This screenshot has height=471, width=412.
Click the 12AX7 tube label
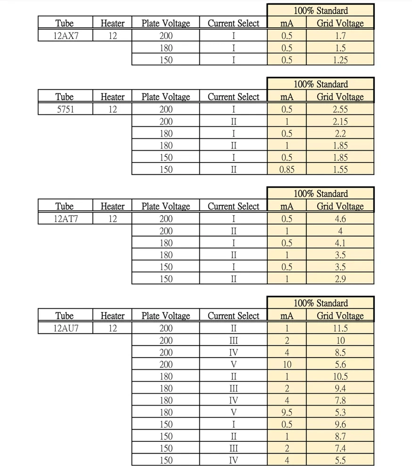point(65,36)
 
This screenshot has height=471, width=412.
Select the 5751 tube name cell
point(65,109)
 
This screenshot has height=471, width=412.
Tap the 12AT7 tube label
point(65,219)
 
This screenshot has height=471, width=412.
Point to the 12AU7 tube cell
point(65,328)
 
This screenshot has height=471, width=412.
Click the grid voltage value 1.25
point(340,60)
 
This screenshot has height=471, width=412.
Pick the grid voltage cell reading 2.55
point(340,109)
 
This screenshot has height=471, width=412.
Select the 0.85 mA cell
point(287,170)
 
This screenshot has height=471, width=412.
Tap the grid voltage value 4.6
point(340,219)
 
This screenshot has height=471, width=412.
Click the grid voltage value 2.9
point(340,279)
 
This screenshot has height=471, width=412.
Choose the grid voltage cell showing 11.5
point(340,328)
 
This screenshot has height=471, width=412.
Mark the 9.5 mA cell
point(287,413)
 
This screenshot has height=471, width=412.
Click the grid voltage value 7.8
point(340,400)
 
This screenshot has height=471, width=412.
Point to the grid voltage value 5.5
point(340,461)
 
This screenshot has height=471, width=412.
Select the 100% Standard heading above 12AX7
point(321,10)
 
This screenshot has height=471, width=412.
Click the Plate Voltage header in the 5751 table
point(165,97)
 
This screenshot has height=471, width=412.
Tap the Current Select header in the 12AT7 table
point(233,206)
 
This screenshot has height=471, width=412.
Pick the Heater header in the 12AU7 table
point(112,316)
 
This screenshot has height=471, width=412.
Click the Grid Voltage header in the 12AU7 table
point(340,316)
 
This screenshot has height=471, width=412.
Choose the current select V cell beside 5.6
point(233,365)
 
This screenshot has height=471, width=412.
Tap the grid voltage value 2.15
point(340,122)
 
